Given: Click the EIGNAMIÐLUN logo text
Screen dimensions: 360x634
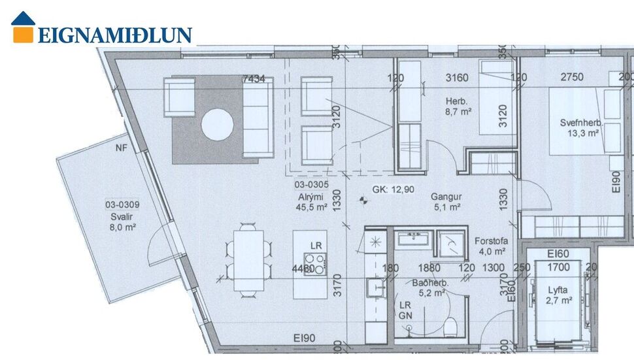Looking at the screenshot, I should tap(114, 35).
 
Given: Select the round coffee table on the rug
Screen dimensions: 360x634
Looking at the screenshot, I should tap(218, 124).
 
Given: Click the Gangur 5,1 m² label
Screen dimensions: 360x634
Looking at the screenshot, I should tap(446, 201).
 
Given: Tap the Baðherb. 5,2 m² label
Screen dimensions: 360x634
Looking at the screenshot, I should tap(429, 288).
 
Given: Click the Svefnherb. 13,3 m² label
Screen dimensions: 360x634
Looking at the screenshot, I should tap(580, 128).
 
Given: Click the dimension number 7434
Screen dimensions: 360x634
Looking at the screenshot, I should tap(254, 78).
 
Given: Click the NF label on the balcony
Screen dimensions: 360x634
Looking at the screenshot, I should tap(122, 148).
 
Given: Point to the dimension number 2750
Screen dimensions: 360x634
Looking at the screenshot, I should tap(572, 77).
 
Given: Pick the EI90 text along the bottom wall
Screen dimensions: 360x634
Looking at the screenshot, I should tap(305, 338).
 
